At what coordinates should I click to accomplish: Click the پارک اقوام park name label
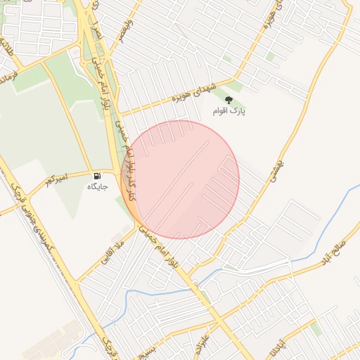(x=230, y=111)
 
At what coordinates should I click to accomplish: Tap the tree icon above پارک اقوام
(x=227, y=100)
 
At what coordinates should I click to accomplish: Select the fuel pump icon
(x=96, y=175)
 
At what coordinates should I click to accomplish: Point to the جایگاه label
(x=96, y=186)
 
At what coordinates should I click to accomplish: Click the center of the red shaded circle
(x=180, y=179)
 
